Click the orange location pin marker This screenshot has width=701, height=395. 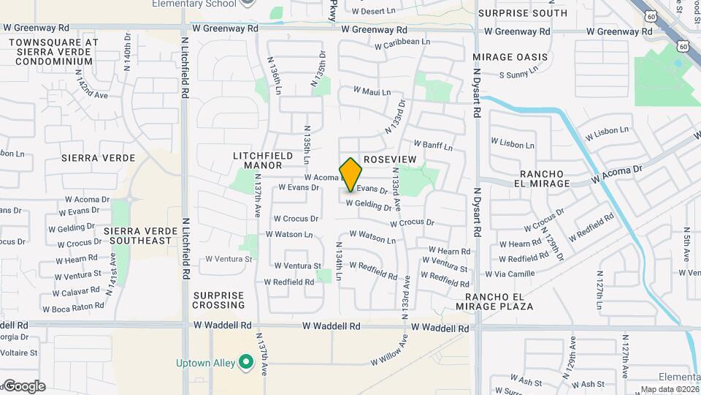coord(351,174)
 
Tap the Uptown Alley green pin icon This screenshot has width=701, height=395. coord(246,363)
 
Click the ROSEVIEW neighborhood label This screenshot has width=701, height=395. coord(389,159)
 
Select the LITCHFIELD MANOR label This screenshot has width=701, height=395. coord(258,160)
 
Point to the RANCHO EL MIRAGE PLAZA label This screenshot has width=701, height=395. coord(504,301)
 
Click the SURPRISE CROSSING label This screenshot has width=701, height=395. coord(218,300)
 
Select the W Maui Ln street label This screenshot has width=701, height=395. coord(372,91)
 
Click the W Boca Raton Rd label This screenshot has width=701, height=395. coord(73,308)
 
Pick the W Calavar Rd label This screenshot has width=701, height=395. coord(75,291)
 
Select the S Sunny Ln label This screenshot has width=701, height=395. coord(518,74)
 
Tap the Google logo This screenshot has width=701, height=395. coord(23,386)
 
